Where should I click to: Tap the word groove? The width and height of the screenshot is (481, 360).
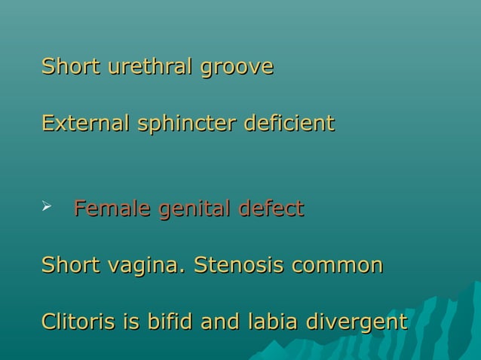pos(237,68)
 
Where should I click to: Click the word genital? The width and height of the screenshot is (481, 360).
pos(194,209)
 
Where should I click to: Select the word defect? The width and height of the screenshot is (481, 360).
pos(272,207)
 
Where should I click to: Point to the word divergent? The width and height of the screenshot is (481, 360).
pos(357,323)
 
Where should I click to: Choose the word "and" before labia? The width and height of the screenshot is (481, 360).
pos(221,322)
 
